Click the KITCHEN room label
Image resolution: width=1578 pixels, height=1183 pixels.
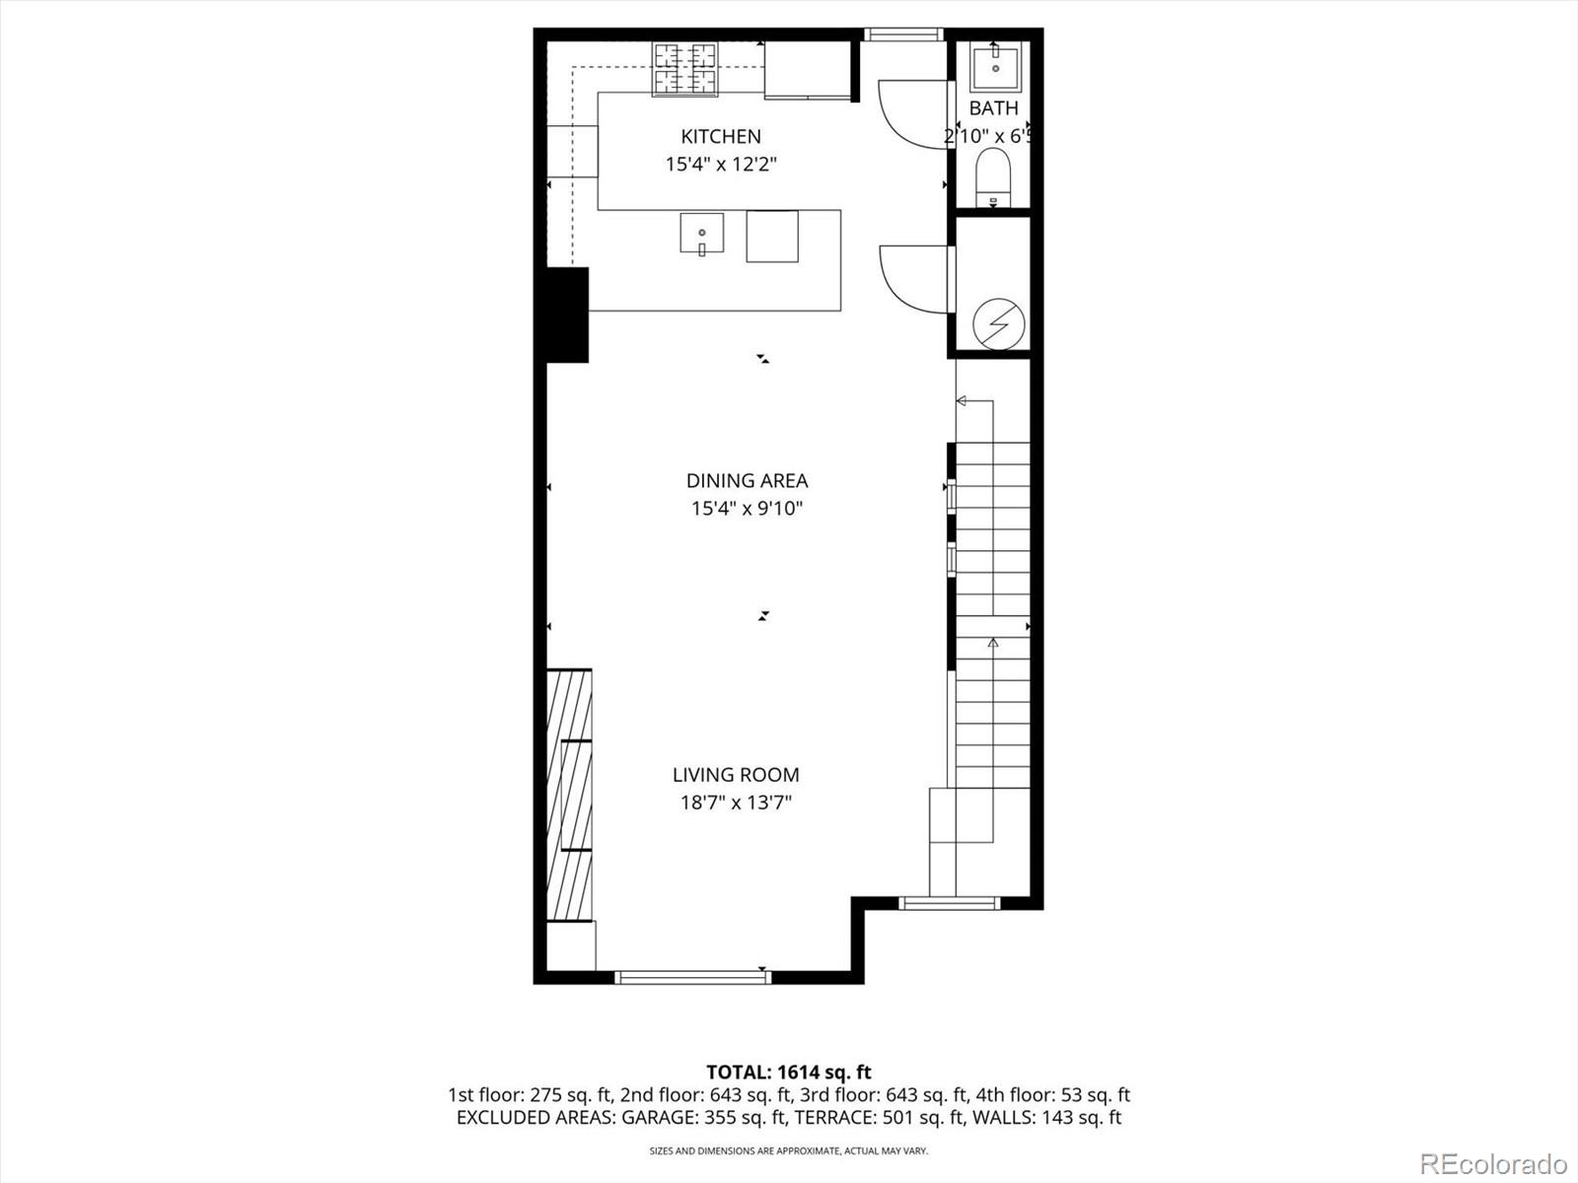(721, 136)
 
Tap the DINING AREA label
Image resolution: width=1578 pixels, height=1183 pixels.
(747, 481)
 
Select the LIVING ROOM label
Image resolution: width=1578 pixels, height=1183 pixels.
(736, 775)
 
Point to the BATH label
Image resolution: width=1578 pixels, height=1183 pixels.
(993, 108)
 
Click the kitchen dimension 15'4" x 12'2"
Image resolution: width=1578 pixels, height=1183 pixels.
(721, 164)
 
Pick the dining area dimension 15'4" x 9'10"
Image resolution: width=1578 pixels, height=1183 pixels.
(747, 509)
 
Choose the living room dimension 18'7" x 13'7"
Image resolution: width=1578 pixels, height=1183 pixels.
(736, 802)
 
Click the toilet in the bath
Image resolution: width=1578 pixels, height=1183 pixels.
(993, 175)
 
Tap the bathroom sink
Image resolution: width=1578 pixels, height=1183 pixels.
(994, 67)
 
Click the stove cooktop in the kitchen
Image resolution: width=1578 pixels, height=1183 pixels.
(684, 69)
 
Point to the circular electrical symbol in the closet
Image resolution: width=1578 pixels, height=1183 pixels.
(998, 323)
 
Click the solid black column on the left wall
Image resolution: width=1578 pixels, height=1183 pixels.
(567, 314)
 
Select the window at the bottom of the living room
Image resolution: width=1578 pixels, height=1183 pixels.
(692, 977)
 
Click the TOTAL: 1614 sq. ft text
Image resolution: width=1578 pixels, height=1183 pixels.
(789, 1072)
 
